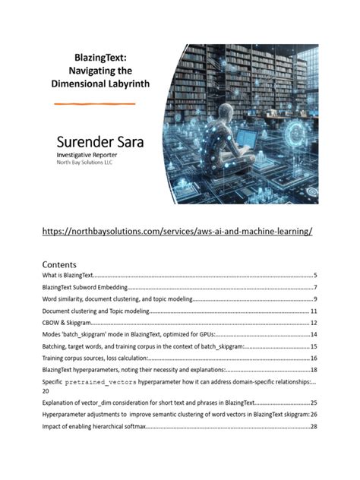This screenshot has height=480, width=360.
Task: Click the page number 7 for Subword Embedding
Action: [x=314, y=288]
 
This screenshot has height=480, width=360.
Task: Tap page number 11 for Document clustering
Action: [x=313, y=311]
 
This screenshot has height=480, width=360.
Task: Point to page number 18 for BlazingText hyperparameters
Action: [x=313, y=369]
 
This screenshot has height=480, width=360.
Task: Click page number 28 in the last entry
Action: [x=312, y=428]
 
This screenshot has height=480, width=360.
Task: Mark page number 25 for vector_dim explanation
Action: [x=313, y=403]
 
